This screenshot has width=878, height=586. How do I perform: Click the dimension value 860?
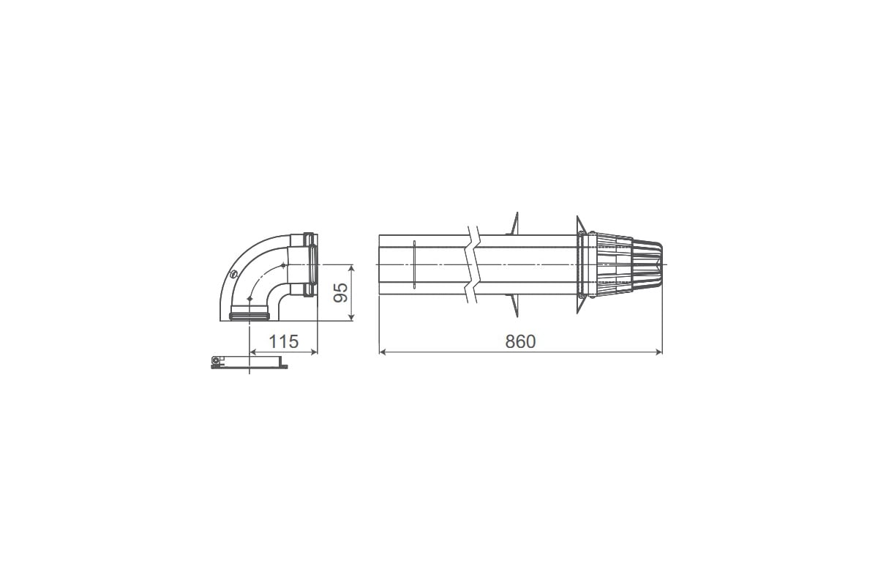pyautogui.click(x=521, y=341)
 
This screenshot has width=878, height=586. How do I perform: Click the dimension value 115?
pyautogui.click(x=283, y=341)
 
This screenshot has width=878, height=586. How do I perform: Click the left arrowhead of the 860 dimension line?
pyautogui.click(x=383, y=352)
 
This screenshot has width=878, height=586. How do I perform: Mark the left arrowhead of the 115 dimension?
pyautogui.click(x=253, y=352)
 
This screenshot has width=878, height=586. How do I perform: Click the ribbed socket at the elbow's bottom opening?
pyautogui.click(x=249, y=316)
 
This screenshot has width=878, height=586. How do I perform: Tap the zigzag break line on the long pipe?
pyautogui.click(x=474, y=264)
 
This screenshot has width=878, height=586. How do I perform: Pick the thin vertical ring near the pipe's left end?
pyautogui.click(x=413, y=264)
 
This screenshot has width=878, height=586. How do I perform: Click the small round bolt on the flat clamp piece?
pyautogui.click(x=214, y=360)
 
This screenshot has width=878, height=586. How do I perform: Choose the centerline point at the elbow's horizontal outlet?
pyautogui.click(x=282, y=264)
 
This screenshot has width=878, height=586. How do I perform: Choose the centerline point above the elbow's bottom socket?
pyautogui.click(x=249, y=300)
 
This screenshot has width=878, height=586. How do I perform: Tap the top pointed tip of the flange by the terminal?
pyautogui.click(x=577, y=218)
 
